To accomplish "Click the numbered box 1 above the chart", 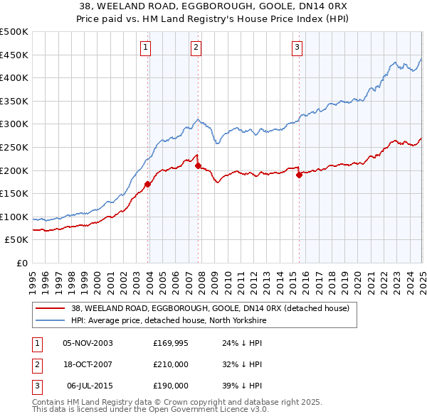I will [x=145, y=48].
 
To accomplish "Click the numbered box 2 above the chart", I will [x=196, y=48].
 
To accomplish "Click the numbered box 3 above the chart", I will [x=297, y=48].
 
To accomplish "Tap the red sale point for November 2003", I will [x=148, y=184].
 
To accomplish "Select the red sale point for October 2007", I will [x=198, y=165].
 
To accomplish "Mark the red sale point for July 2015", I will [x=299, y=175].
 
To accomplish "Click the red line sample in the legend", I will [x=50, y=308].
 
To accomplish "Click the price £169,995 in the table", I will [x=171, y=342].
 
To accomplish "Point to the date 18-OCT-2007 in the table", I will [x=88, y=364].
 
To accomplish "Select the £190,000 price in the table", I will [x=171, y=386].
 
